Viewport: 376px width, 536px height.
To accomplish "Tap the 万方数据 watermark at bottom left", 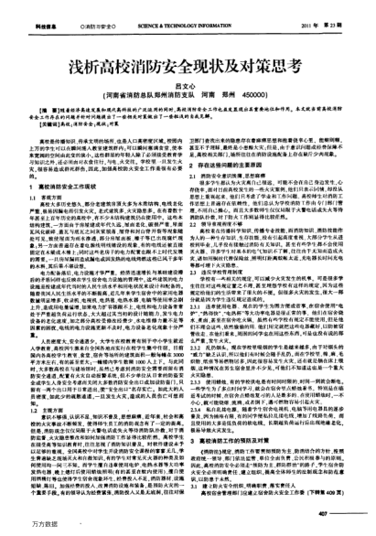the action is (20, 526).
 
